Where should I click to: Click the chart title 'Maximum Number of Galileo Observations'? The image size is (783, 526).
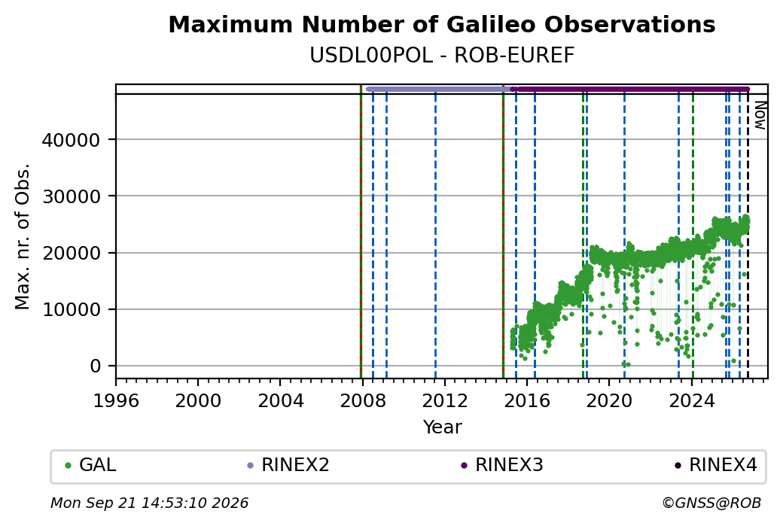pos(442,24)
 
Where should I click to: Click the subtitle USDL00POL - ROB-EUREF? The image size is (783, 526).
pos(442,56)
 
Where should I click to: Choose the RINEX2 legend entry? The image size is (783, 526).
pos(288,465)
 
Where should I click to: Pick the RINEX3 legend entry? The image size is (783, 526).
pos(502,465)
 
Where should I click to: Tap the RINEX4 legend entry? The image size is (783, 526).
pos(716,465)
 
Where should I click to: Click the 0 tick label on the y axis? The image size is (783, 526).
pos(96,366)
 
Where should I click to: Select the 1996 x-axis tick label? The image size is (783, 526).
pos(116,401)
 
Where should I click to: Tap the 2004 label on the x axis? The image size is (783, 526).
pos(280,401)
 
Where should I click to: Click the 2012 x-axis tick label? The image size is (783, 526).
pos(444,401)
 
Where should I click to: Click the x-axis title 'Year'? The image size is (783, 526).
pos(443,427)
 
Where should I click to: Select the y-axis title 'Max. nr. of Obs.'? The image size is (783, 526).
pos(23,236)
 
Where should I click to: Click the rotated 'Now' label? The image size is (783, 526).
pos(760,115)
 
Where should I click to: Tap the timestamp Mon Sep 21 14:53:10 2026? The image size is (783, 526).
pos(150,503)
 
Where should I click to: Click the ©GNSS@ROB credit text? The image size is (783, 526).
pos(711,503)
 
